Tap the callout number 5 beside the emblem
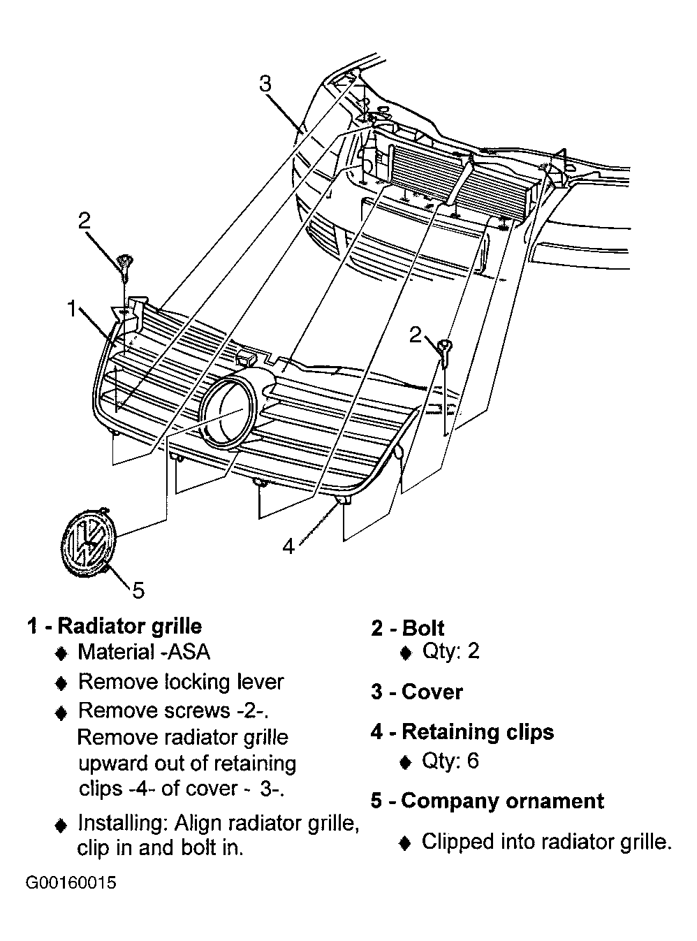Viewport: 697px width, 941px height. (x=138, y=590)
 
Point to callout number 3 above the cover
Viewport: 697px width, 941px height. (x=265, y=84)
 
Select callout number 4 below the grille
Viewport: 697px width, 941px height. (x=288, y=546)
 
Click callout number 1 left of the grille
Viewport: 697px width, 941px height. (x=72, y=308)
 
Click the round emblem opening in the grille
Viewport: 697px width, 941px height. (x=227, y=411)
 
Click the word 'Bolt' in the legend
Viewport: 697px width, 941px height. (x=423, y=627)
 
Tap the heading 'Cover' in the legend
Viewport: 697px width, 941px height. (x=432, y=692)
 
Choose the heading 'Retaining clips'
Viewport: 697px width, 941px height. (x=478, y=731)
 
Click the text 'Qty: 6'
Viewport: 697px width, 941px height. (x=450, y=760)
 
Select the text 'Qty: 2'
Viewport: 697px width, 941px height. (x=450, y=651)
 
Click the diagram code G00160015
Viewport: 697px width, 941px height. (x=71, y=883)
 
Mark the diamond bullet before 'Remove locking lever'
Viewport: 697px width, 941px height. (x=61, y=683)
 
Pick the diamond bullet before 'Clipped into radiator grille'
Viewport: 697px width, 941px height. (x=405, y=843)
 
